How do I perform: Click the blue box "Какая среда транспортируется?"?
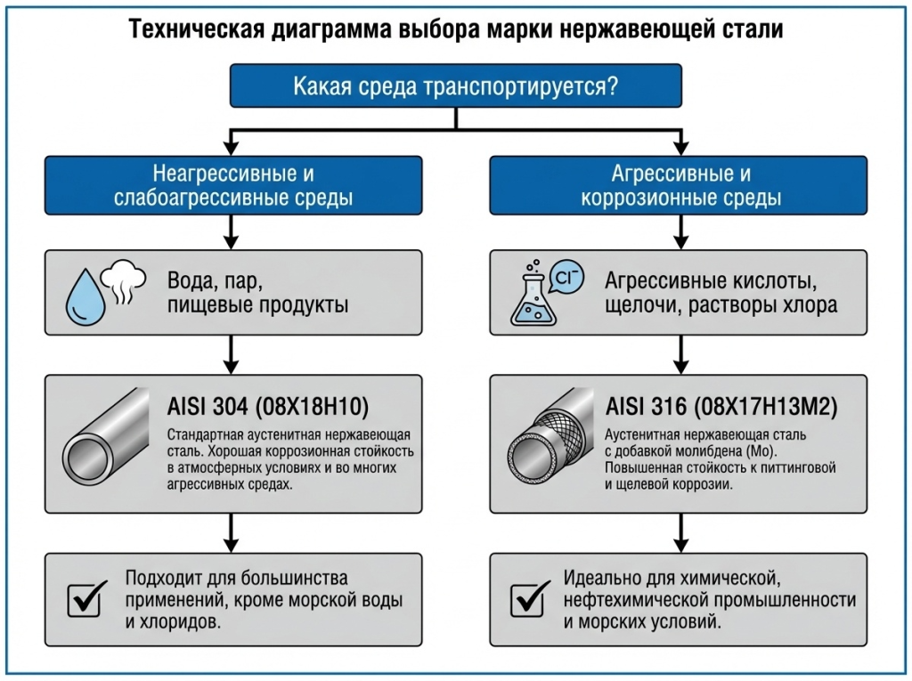455,86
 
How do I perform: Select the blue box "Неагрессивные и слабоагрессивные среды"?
232,185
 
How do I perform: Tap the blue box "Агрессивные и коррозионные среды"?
678,185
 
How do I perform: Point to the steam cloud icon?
124,280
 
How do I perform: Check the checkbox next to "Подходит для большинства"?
87,599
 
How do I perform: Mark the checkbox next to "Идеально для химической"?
531,599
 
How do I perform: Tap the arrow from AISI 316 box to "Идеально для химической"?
678,536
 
